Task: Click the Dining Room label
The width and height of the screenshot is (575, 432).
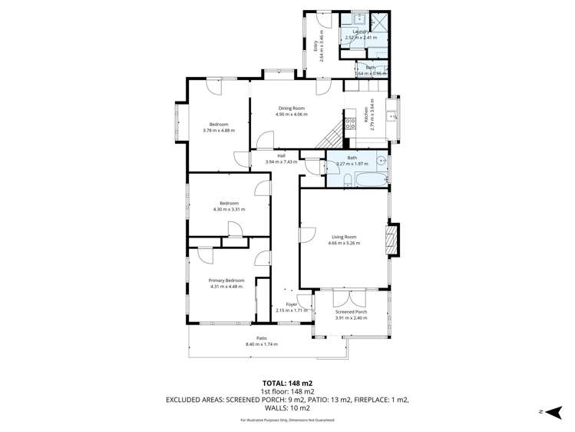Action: [x=291, y=108]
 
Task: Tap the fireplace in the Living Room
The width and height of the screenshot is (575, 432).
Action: [x=392, y=240]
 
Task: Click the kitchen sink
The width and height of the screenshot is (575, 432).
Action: [x=392, y=117]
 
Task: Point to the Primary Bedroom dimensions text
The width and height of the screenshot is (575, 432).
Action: [x=226, y=287]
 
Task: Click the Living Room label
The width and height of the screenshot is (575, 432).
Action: [x=344, y=237]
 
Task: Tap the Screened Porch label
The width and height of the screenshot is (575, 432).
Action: [x=351, y=311]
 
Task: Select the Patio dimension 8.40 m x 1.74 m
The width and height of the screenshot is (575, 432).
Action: [x=261, y=344]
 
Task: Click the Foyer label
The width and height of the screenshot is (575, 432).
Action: [x=292, y=304]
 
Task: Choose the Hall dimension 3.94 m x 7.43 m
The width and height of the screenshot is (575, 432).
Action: [x=276, y=162]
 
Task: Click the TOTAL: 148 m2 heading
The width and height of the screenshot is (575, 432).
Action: [x=287, y=382]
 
